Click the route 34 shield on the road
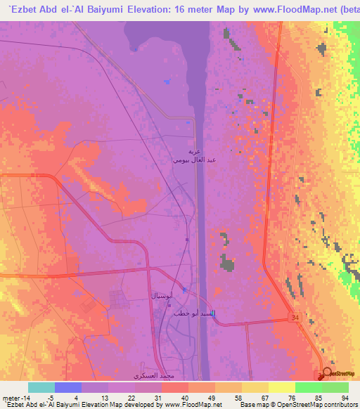click(294, 319)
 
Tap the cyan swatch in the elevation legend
click(41, 387)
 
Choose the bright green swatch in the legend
click(308, 387)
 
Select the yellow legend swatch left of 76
click(255, 387)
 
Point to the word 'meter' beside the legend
click(11, 396)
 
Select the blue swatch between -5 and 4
click(68, 387)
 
